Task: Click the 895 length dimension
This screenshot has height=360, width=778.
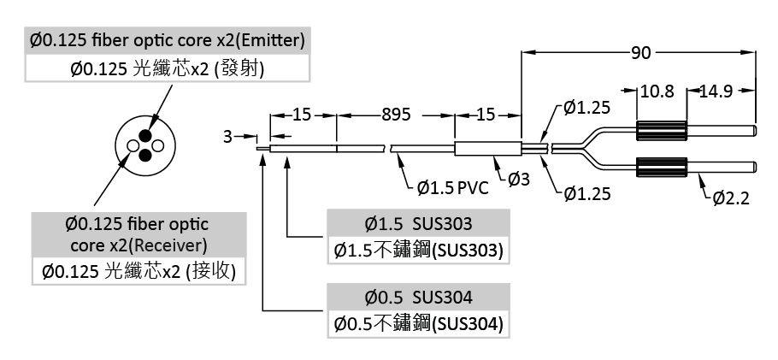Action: point(396,114)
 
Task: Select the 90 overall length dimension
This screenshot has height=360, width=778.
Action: point(640,53)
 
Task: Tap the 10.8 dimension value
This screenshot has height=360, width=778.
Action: point(657,91)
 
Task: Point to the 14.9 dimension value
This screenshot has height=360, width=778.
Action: point(716,91)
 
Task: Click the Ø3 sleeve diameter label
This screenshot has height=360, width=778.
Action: point(519,178)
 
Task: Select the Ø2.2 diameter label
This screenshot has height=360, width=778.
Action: point(730,199)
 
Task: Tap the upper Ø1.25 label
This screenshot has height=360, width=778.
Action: point(587,108)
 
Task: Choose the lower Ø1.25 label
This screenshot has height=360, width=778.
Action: point(587,194)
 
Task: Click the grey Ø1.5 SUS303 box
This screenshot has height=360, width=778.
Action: point(418,224)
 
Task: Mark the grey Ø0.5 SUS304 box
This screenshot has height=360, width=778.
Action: point(418,298)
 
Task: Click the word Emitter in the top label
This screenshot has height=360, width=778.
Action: point(271,40)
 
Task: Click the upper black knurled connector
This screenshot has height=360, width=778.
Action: point(662,130)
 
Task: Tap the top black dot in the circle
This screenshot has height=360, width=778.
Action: point(146,136)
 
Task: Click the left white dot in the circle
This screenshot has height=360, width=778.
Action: point(133,147)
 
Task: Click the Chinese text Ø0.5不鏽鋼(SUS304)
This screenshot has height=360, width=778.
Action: point(418,324)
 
